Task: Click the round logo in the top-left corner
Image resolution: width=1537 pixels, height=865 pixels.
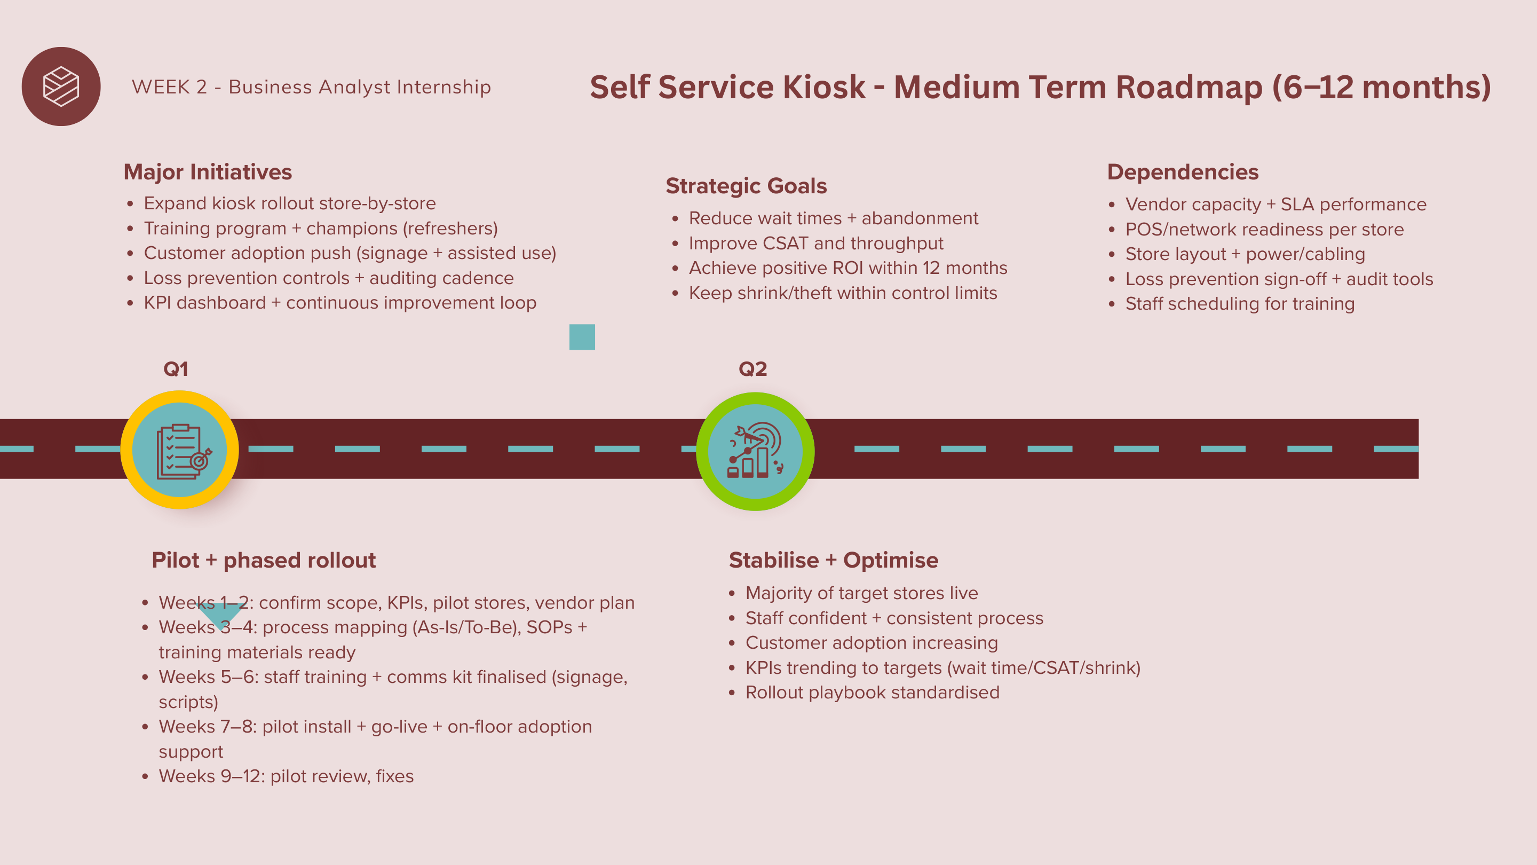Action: (x=61, y=86)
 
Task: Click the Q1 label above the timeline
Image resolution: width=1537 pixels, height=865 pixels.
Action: (x=176, y=369)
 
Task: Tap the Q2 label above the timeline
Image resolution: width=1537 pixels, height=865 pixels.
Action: (x=752, y=369)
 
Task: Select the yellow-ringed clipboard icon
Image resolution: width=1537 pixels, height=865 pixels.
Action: (x=180, y=450)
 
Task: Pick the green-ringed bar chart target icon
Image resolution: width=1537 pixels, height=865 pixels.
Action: (x=755, y=451)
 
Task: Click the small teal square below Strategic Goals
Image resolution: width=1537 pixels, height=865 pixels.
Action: (x=582, y=337)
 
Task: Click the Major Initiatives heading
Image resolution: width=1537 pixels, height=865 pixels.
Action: (x=208, y=172)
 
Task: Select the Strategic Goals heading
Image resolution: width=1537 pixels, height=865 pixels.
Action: (x=746, y=186)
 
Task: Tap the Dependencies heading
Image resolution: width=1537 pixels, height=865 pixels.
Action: (x=1183, y=172)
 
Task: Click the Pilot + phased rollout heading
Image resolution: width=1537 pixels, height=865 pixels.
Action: (x=264, y=560)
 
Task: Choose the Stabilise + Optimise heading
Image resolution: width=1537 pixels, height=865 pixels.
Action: (x=834, y=560)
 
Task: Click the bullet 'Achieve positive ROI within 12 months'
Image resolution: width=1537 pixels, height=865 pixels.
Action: (x=847, y=268)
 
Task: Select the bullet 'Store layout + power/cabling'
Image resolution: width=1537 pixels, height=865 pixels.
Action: (x=1245, y=254)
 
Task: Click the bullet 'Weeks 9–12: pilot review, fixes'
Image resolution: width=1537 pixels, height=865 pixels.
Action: (x=286, y=776)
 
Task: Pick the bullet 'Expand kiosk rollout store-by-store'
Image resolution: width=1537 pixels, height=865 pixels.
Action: (x=289, y=203)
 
